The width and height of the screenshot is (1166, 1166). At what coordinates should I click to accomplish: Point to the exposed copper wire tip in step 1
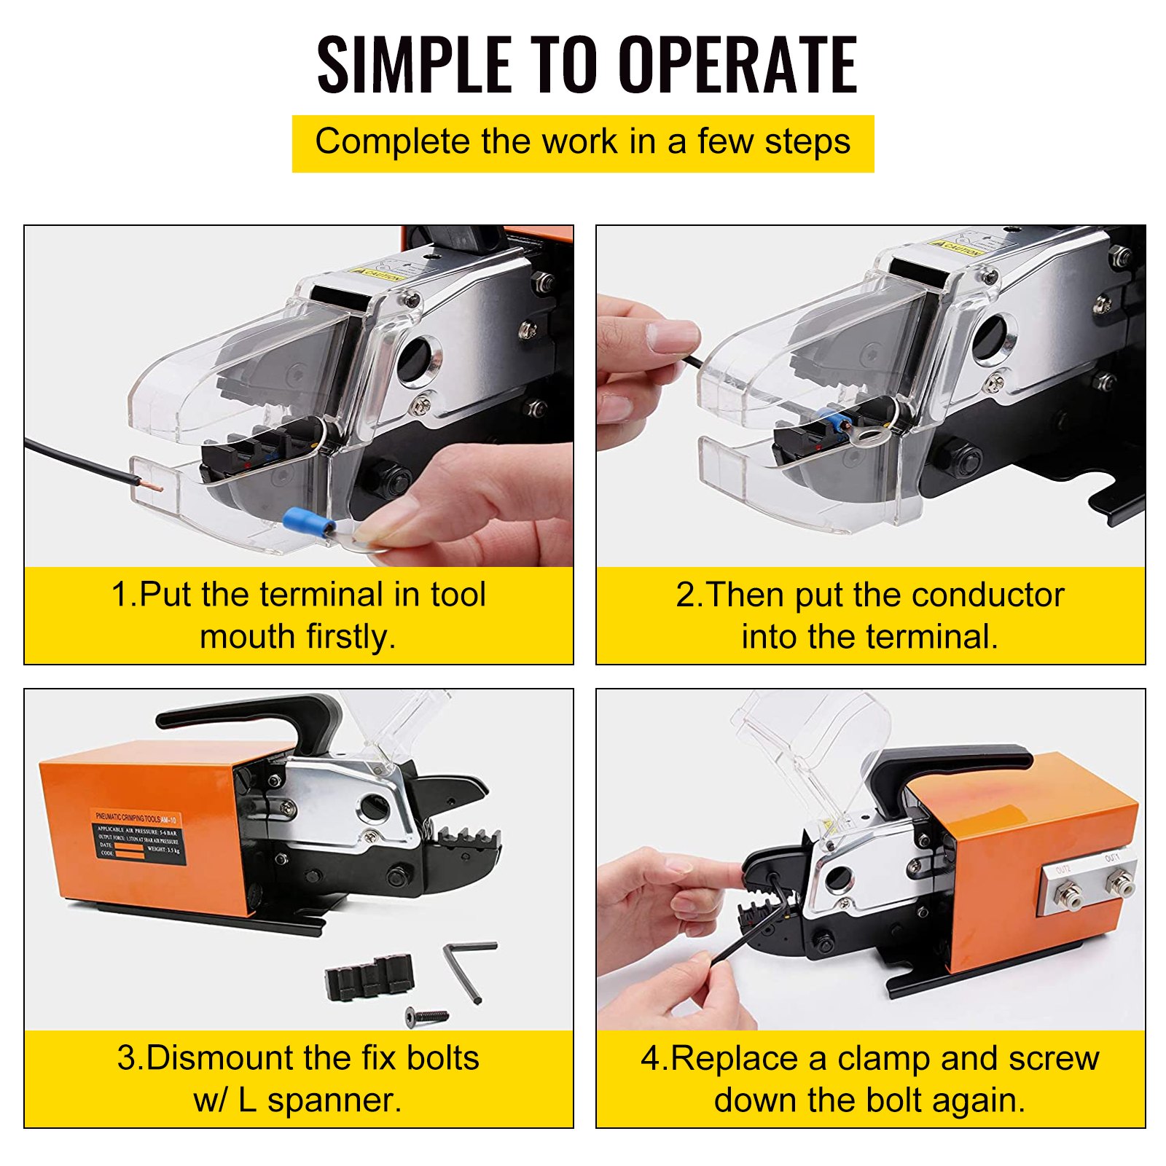152,484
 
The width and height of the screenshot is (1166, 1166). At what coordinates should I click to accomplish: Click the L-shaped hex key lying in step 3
466,968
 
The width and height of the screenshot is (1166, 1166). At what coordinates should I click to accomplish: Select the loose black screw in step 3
427,1014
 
